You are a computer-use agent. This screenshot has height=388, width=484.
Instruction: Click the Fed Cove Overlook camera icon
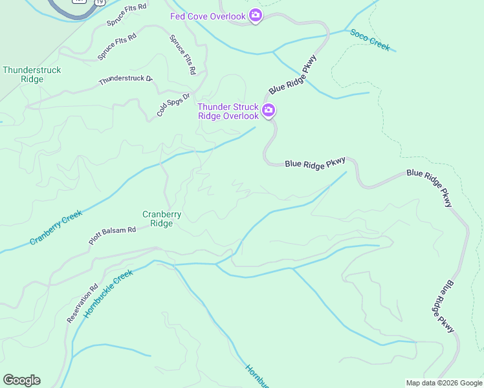pyautogui.click(x=255, y=16)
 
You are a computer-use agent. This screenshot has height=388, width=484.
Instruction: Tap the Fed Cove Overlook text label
pyautogui.click(x=208, y=16)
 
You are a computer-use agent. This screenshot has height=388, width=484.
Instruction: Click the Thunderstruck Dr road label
pyautogui.click(x=125, y=80)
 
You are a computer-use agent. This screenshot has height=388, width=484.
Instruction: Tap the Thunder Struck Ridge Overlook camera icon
pyautogui.click(x=269, y=111)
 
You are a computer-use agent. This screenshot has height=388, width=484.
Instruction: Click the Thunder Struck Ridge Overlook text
pyautogui.click(x=228, y=111)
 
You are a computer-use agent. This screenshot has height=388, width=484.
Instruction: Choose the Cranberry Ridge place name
pyautogui.click(x=162, y=219)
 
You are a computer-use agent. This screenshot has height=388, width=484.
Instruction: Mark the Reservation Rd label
pyautogui.click(x=82, y=303)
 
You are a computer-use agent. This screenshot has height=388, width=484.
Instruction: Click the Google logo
pyautogui.click(x=21, y=380)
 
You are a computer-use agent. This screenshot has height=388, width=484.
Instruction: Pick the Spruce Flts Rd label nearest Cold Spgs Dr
pyautogui.click(x=183, y=55)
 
